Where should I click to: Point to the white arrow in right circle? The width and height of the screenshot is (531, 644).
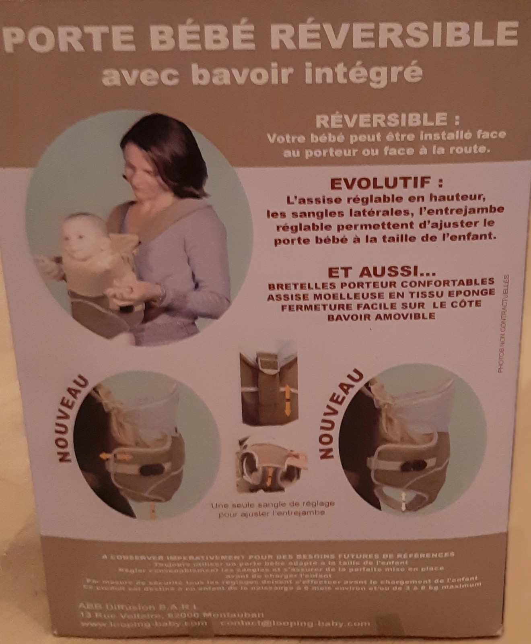click(403, 501)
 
